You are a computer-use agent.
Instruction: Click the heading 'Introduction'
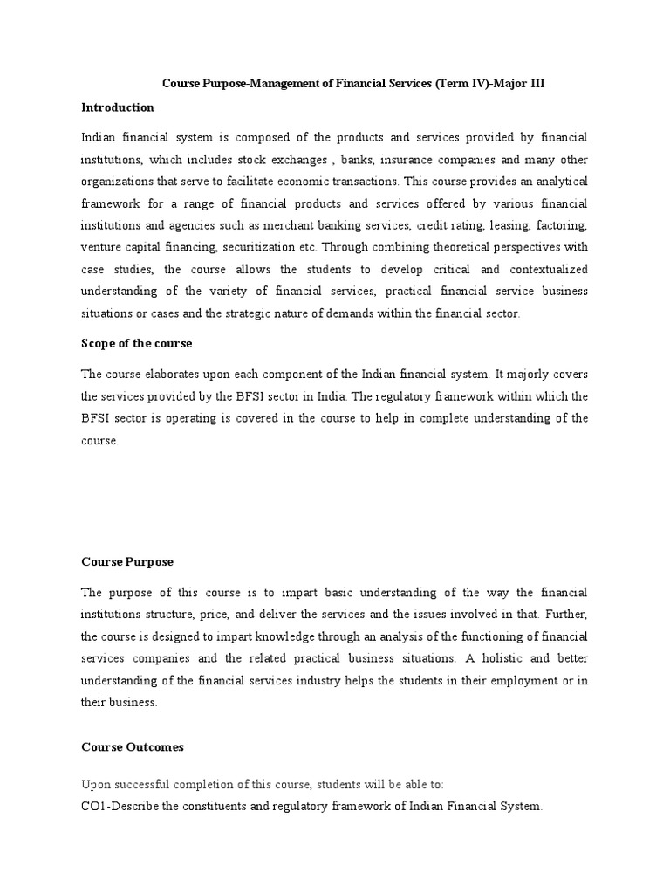[118, 107]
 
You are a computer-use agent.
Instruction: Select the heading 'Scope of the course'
[137, 343]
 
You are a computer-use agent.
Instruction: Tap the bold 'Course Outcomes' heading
[133, 747]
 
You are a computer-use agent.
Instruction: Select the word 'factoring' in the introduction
[559, 224]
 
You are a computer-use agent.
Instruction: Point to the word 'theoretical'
[465, 246]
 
